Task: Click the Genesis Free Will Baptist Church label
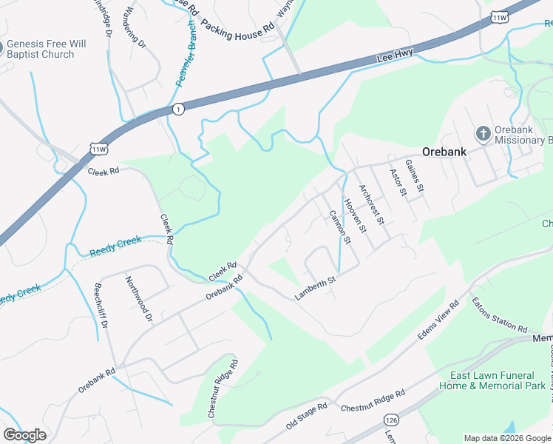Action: pyautogui.click(x=46, y=49)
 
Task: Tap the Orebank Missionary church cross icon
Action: pyautogui.click(x=483, y=134)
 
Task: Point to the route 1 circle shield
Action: pyautogui.click(x=178, y=109)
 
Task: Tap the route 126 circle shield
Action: pyautogui.click(x=391, y=420)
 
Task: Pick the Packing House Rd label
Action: pyautogui.click(x=238, y=30)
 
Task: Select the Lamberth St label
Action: pyautogui.click(x=316, y=288)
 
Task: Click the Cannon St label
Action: pyautogui.click(x=338, y=227)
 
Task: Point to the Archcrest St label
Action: pyautogui.click(x=371, y=203)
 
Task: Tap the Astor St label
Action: pyautogui.click(x=398, y=182)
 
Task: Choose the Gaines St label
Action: pyautogui.click(x=414, y=175)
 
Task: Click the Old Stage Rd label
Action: pyautogui.click(x=306, y=417)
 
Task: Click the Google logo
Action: pyautogui.click(x=24, y=435)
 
